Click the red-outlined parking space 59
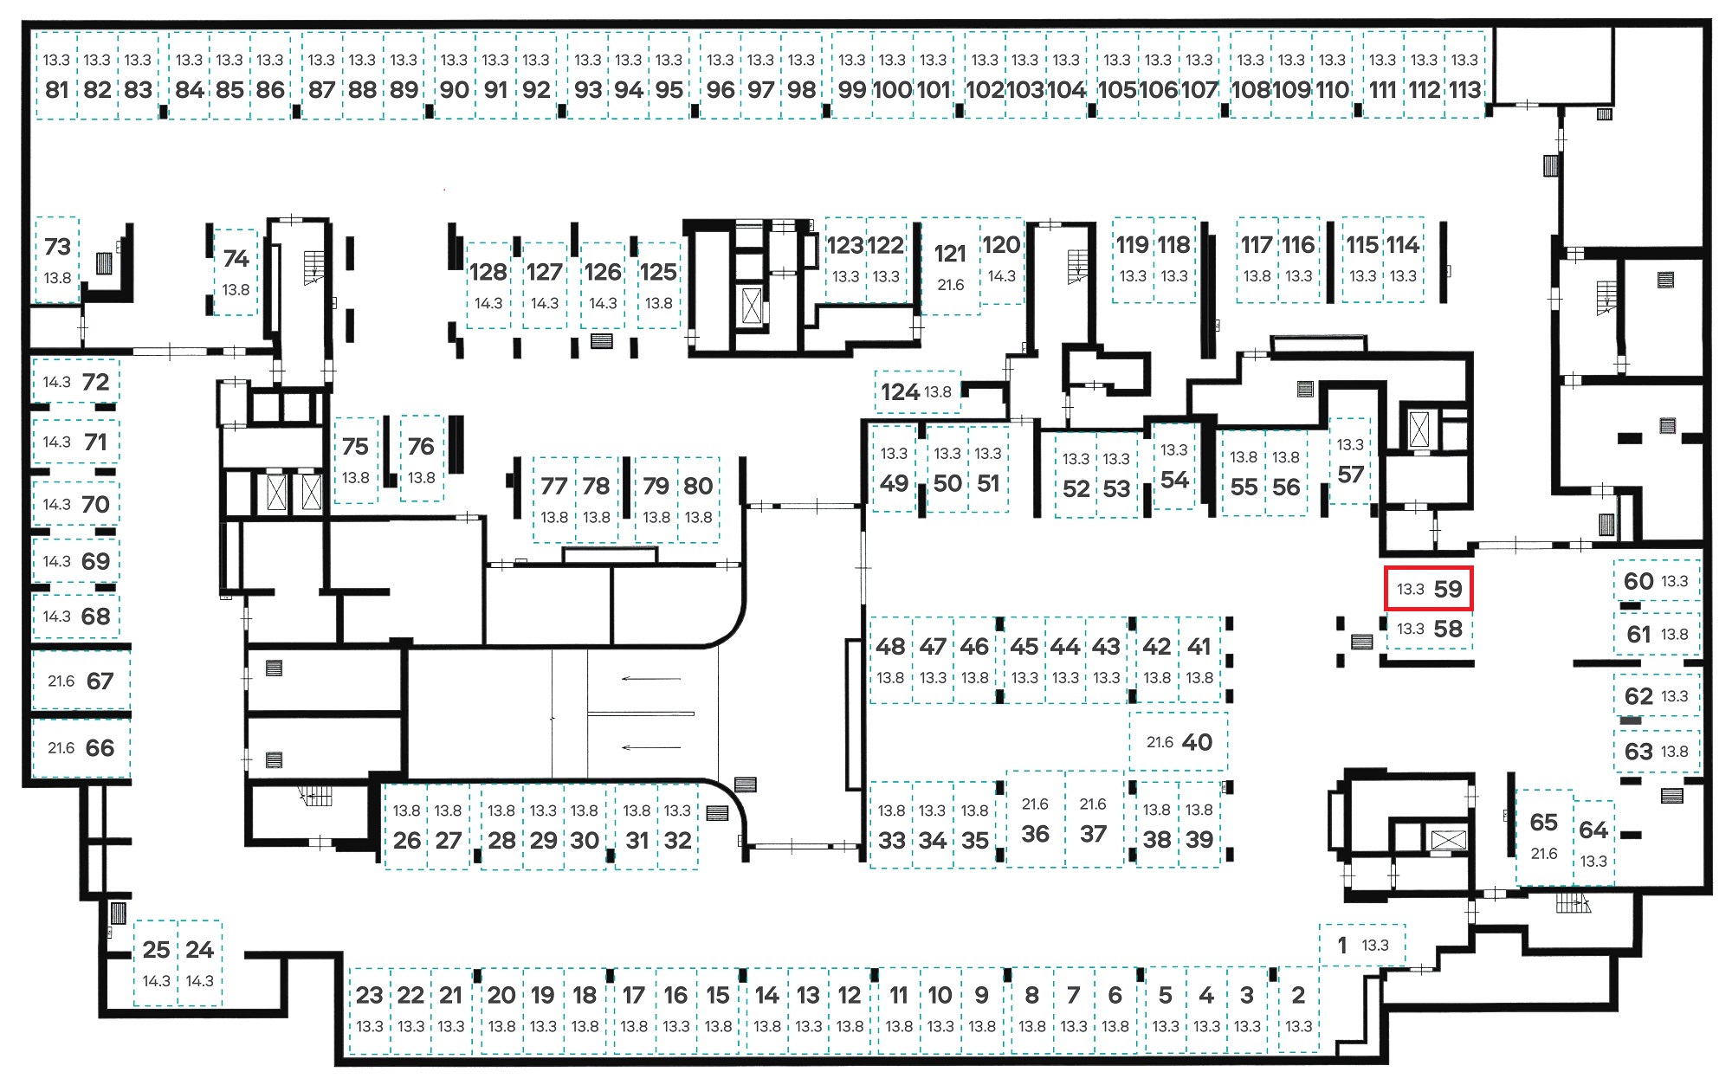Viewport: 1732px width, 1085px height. tap(1429, 589)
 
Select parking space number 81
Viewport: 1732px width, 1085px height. tap(56, 75)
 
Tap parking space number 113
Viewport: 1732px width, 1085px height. tap(1465, 75)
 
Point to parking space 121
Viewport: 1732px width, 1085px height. tap(950, 266)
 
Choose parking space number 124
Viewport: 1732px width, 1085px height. tap(917, 392)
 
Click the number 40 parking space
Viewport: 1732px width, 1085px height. tap(1179, 742)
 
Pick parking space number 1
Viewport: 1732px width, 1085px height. tap(1362, 945)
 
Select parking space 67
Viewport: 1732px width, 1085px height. tap(81, 681)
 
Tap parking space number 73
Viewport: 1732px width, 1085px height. tap(57, 260)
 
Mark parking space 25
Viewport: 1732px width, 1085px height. tap(156, 962)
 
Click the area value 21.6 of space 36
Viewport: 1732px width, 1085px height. tap(1035, 804)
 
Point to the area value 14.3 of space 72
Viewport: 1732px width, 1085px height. tap(56, 382)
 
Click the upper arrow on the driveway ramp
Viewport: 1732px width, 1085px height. tap(651, 679)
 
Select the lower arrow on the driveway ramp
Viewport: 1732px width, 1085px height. tap(651, 747)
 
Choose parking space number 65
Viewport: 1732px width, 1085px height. tap(1544, 836)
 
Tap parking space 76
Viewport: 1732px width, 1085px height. tap(421, 459)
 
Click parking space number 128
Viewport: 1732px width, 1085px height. tap(488, 285)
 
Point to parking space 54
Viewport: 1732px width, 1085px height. tap(1174, 465)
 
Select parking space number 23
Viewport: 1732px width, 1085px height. tap(369, 1010)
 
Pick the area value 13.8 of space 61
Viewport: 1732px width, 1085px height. tap(1674, 634)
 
